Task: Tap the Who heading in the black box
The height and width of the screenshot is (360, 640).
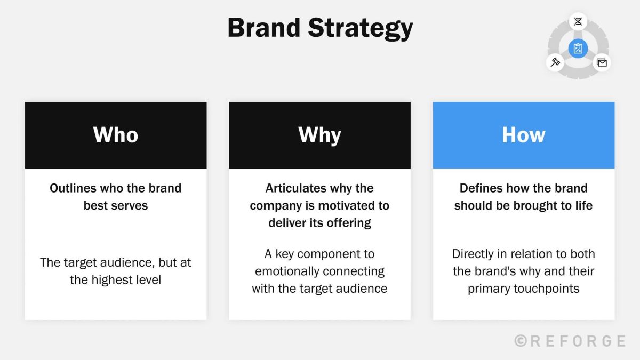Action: (116, 135)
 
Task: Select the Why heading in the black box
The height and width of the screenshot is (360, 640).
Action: (319, 135)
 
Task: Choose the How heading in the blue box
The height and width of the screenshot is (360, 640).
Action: (523, 135)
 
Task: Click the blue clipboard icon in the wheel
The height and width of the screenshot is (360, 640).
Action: (578, 49)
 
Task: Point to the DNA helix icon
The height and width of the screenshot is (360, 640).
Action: (578, 22)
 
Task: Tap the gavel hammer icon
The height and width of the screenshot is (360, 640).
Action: (555, 62)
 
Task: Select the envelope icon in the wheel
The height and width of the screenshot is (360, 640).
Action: (602, 62)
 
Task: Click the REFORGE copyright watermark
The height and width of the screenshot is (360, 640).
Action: (570, 341)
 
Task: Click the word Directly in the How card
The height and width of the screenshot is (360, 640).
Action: (474, 254)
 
